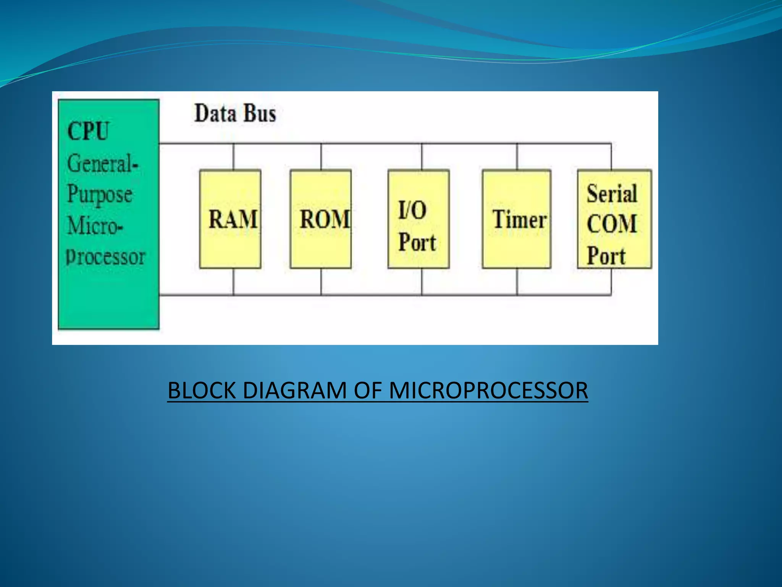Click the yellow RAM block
click(x=230, y=219)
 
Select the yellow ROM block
click(x=321, y=219)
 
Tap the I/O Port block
click(x=418, y=219)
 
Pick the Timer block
click(x=517, y=219)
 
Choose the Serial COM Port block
click(x=614, y=219)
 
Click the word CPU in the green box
click(x=88, y=131)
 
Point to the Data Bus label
click(x=235, y=114)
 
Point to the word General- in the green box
click(x=102, y=164)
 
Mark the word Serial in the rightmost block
click(x=612, y=193)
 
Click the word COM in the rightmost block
click(x=612, y=224)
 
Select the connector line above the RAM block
click(x=233, y=157)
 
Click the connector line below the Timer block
click(x=517, y=282)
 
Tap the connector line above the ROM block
click(x=321, y=157)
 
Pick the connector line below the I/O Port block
click(x=422, y=282)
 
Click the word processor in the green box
click(x=106, y=257)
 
